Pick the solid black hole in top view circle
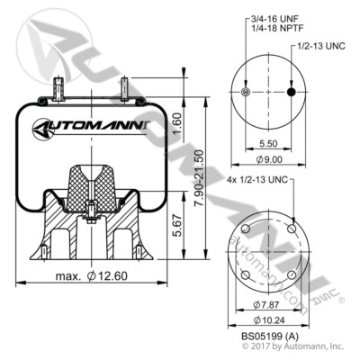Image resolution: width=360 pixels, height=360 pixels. [291, 93]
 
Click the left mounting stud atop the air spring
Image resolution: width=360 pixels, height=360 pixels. [59, 89]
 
